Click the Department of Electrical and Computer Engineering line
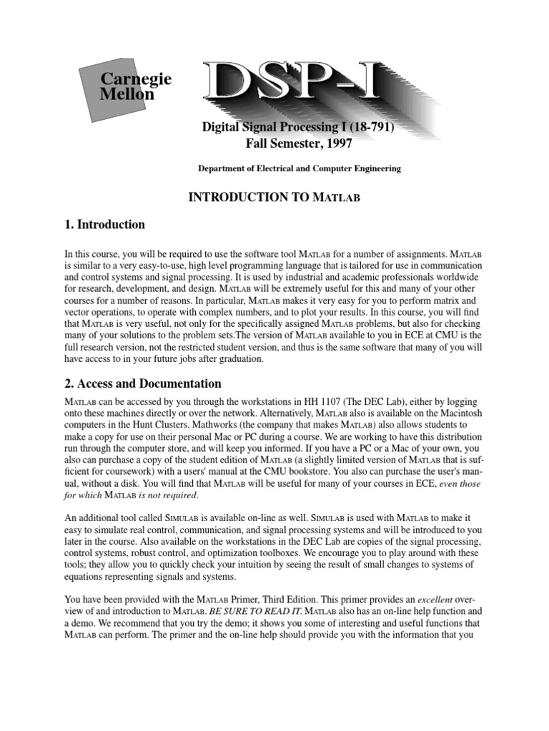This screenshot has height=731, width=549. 299,169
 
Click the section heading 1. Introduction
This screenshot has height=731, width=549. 104,225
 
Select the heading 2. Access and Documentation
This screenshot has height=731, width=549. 143,383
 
